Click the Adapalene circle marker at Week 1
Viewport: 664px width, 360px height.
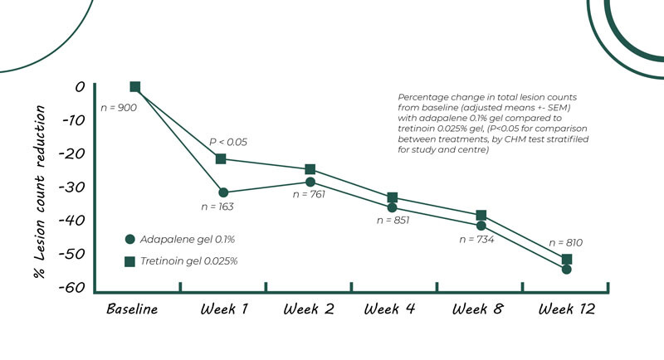coord(223,192)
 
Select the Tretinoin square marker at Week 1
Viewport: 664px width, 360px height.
coord(222,158)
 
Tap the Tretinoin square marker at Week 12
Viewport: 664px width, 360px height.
coord(567,260)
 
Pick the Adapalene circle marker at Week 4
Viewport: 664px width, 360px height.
coord(392,207)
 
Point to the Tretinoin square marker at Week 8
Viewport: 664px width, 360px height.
coord(481,216)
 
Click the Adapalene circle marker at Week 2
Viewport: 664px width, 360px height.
coord(310,182)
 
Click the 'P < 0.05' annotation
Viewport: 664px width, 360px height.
coord(228,142)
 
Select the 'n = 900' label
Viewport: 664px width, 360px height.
coord(119,108)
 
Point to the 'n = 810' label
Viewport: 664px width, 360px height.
coord(566,243)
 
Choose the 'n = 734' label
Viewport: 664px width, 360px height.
coord(476,239)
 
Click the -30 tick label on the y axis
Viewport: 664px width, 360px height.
coord(74,187)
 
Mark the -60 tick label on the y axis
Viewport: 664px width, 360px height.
coord(74,287)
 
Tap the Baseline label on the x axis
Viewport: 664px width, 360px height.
coord(132,309)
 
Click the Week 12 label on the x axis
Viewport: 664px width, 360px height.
coord(567,309)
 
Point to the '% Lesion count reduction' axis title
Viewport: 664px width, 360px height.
coord(39,187)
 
